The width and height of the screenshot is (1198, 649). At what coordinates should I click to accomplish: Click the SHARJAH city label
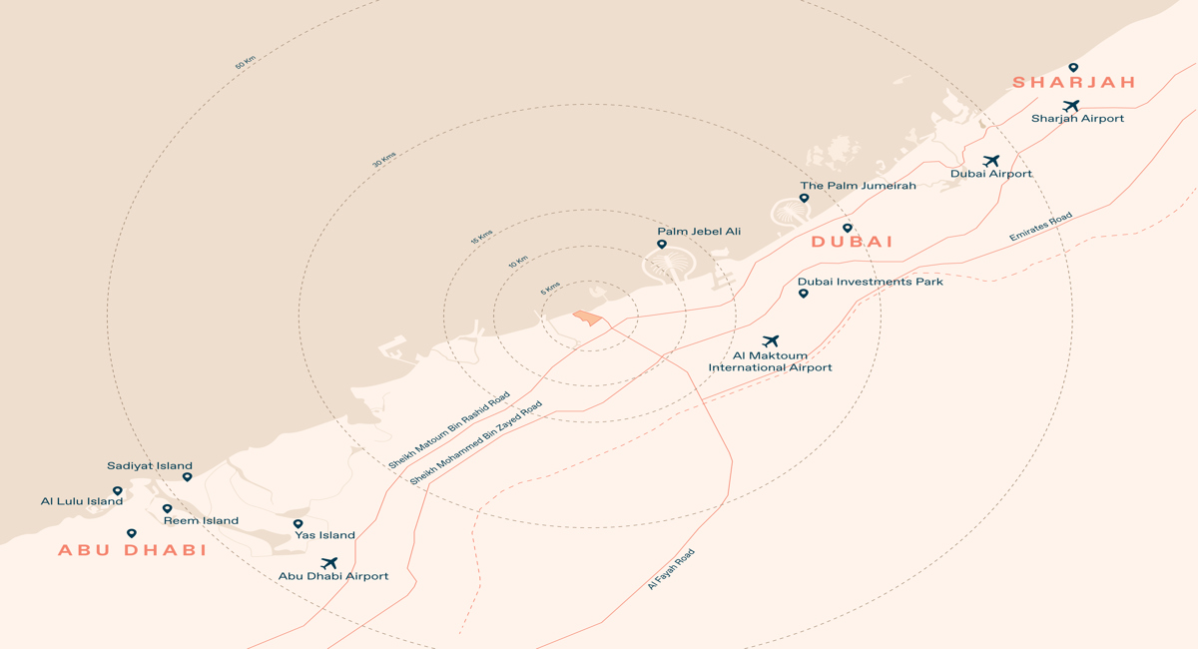[1074, 83]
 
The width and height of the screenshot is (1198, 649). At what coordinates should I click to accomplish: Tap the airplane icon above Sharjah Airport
[1071, 106]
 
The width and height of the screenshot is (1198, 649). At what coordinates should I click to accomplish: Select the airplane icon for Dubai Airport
[990, 161]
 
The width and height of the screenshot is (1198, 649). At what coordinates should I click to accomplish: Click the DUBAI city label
[852, 242]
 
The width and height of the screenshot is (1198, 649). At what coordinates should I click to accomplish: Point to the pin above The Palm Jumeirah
[804, 199]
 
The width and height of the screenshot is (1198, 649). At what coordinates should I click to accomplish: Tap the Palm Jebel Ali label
[699, 232]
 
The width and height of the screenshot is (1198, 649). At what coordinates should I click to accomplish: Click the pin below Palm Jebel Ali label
[661, 245]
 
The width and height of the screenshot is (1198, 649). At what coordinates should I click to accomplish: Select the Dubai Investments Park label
[871, 282]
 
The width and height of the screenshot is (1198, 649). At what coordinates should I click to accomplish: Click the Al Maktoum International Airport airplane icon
[770, 341]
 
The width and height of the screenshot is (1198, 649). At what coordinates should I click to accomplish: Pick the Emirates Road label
[1040, 227]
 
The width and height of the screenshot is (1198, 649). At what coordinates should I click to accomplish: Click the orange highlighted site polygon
[589, 318]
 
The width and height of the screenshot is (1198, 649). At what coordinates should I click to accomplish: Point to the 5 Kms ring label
[550, 290]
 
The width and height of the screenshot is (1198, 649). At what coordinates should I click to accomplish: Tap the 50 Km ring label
[245, 62]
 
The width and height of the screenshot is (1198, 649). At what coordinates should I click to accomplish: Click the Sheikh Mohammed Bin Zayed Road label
[476, 443]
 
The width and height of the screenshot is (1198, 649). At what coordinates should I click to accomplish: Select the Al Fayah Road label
[671, 569]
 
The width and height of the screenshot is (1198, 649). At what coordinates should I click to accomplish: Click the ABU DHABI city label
[132, 550]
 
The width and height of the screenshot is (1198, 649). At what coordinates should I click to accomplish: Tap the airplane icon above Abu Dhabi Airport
[328, 563]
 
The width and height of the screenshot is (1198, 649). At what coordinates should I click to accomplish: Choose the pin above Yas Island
[298, 523]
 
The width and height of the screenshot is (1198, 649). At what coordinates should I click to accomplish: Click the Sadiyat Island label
[150, 465]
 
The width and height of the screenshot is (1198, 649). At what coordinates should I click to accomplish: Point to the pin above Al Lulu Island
[117, 491]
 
